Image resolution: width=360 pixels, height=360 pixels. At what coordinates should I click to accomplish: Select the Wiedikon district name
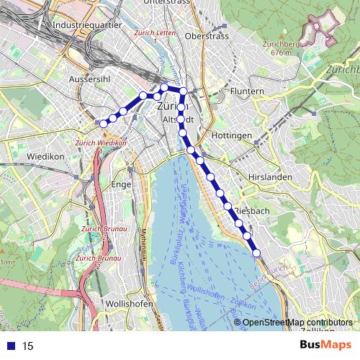coord(26,156)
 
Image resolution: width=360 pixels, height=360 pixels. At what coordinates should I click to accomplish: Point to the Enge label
coord(121,184)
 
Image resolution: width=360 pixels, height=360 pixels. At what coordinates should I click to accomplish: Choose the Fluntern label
coord(249,91)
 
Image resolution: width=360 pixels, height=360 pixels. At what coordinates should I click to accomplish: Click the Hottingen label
coord(233,135)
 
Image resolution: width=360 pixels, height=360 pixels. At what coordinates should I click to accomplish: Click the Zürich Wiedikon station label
coord(101,143)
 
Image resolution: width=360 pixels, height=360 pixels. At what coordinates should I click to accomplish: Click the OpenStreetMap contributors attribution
coord(298,323)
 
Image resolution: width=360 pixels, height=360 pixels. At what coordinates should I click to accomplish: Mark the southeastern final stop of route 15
coord(256,252)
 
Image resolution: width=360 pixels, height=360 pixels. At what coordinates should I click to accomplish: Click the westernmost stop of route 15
coord(104,124)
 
